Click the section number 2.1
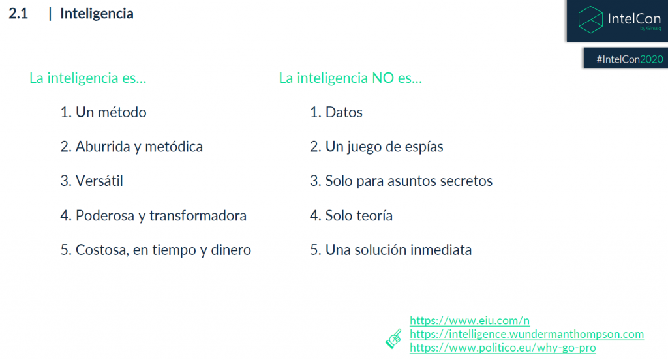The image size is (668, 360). click(x=18, y=14)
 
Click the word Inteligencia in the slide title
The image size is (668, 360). click(x=97, y=14)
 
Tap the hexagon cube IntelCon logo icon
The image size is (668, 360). click(x=590, y=19)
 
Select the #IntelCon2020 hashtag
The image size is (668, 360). click(x=630, y=59)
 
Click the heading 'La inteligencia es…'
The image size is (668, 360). click(x=88, y=78)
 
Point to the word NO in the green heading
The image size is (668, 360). click(x=383, y=78)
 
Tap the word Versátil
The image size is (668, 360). click(x=99, y=181)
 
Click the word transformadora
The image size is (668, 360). click(x=198, y=216)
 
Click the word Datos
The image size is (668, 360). click(x=344, y=112)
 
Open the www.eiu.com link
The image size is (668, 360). click(x=470, y=320)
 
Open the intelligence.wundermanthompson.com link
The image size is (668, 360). click(x=526, y=334)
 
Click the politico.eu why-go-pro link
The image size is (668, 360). click(x=503, y=348)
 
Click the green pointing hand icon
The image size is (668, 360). click(x=394, y=338)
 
